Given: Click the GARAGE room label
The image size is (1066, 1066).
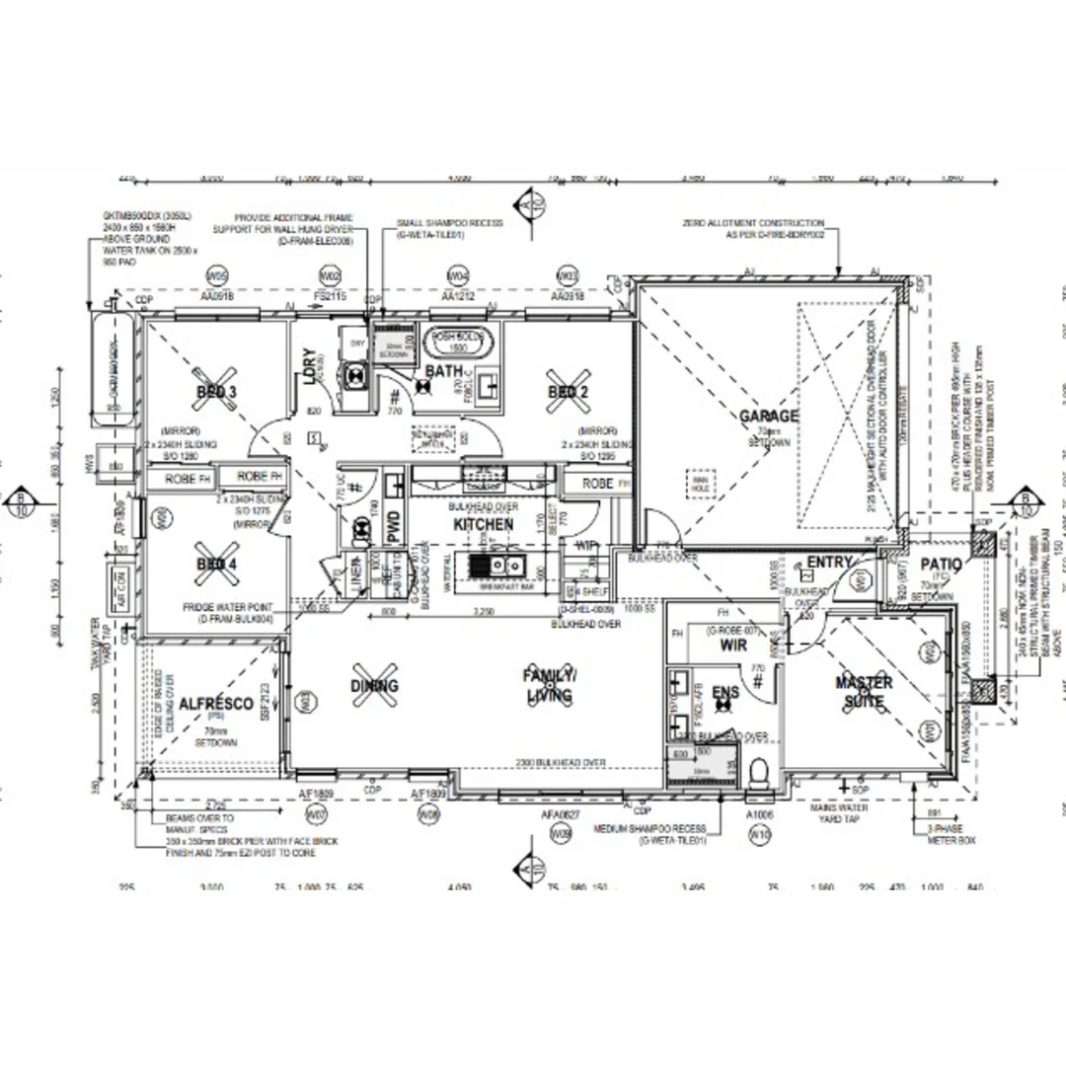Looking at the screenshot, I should [769, 417].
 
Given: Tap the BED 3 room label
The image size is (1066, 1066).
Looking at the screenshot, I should [216, 392].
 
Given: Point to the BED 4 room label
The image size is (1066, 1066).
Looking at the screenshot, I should [216, 565].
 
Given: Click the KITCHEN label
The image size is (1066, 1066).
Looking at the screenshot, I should [484, 524].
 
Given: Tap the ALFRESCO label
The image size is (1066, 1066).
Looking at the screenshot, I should [217, 704].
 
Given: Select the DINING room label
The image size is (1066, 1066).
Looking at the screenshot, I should [374, 685].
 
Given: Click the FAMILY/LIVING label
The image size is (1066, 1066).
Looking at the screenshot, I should [550, 685].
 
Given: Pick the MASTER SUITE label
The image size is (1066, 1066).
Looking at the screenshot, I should [864, 692].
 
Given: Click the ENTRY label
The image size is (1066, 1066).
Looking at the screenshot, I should [829, 563].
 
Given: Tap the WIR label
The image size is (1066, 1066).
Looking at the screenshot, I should [733, 646].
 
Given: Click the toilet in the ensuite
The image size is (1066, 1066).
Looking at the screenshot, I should [758, 772].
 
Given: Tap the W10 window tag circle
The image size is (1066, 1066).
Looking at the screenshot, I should [760, 835].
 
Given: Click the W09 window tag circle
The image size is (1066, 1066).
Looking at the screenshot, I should [562, 835].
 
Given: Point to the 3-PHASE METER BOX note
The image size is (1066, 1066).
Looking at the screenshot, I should [952, 836].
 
